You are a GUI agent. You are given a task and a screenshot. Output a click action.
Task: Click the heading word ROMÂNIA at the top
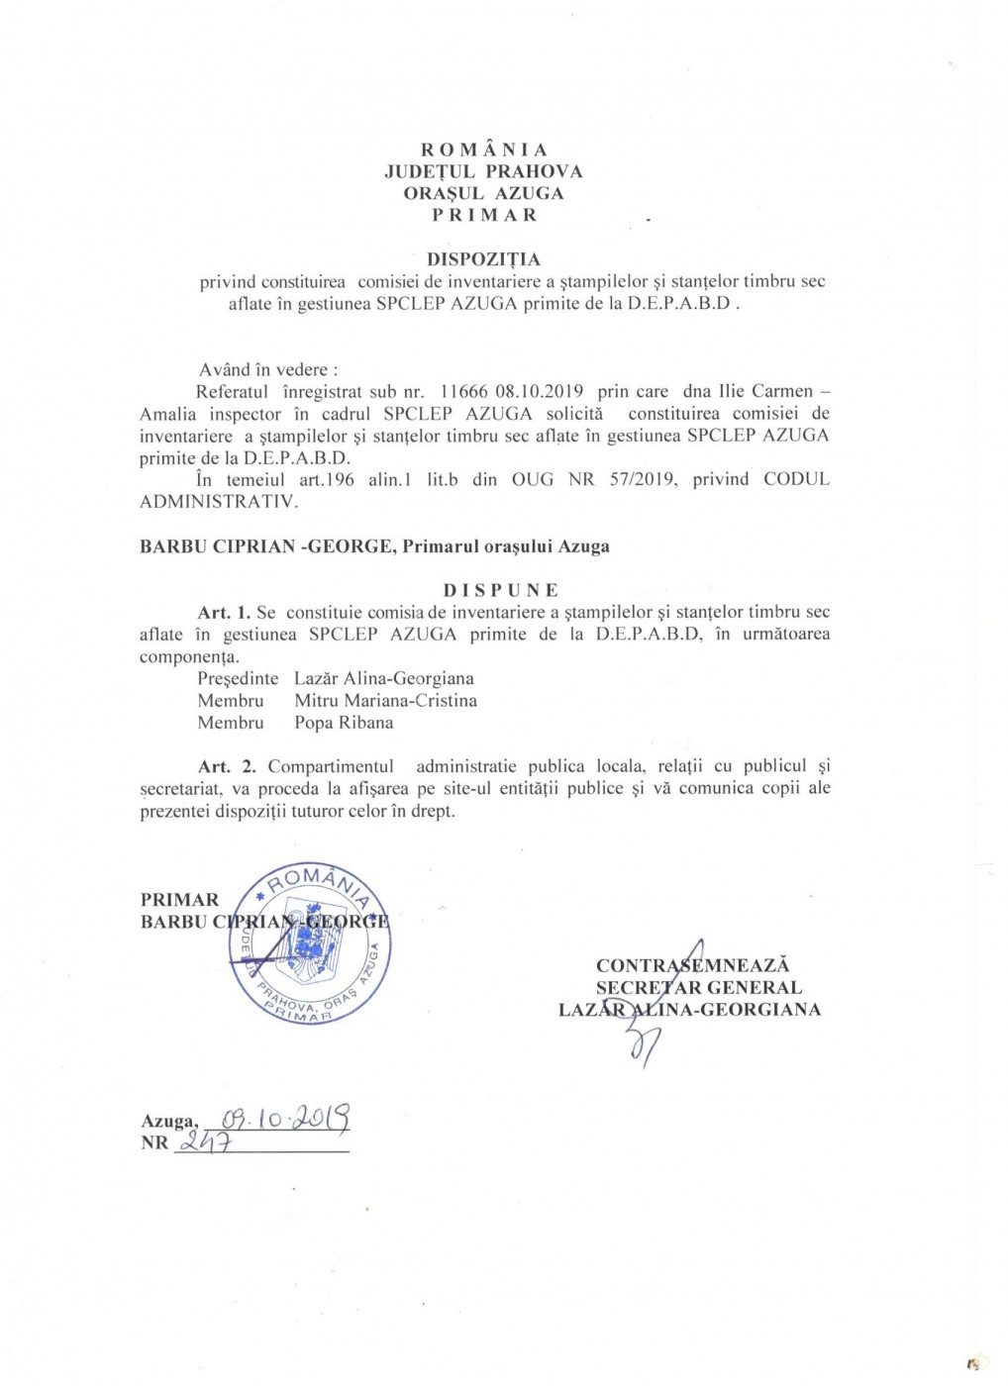[x=484, y=149]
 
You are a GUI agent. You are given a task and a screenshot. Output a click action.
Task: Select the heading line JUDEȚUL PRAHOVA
[x=483, y=171]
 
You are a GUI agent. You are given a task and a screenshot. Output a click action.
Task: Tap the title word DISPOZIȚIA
[x=483, y=259]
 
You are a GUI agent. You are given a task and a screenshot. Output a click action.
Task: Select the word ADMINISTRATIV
[x=218, y=501]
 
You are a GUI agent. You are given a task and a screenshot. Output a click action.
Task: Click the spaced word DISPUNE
[x=501, y=590]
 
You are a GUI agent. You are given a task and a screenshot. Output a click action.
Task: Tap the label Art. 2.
[x=227, y=766]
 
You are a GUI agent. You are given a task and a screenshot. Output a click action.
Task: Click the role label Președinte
[x=238, y=678]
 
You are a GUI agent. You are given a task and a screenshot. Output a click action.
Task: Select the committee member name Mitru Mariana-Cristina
[x=385, y=700]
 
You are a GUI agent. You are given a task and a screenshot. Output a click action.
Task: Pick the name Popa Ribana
[x=344, y=723]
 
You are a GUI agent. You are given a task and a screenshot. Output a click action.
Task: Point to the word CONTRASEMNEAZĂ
[x=693, y=965]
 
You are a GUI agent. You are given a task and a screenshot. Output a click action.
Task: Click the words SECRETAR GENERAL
[x=698, y=987]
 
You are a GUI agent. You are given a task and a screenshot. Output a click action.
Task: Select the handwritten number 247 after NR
[x=204, y=1142]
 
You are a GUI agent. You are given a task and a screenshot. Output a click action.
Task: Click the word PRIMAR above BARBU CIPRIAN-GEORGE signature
[x=179, y=900]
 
